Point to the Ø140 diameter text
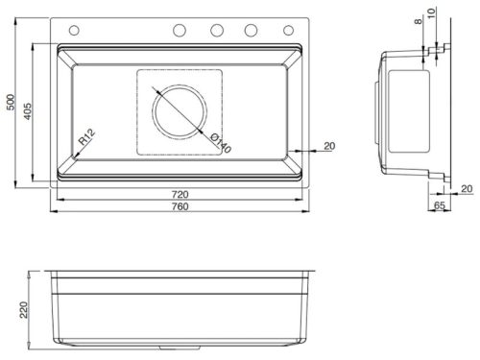coord(220,146)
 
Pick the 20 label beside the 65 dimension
coord(465,187)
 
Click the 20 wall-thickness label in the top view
coord(328,145)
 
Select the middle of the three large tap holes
coord(216,29)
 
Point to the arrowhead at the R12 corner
coord(73,156)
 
